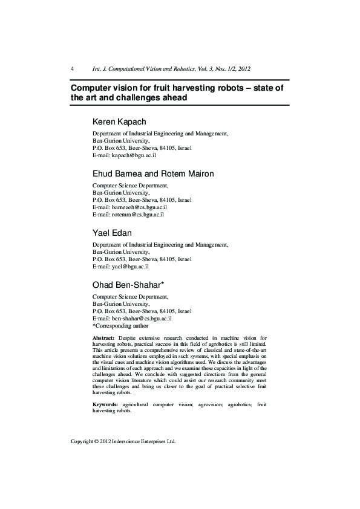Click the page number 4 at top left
(73, 69)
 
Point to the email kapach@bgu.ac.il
(134, 155)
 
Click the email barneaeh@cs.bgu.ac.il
(139, 207)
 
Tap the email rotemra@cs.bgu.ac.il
(138, 214)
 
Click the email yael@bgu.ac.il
(130, 266)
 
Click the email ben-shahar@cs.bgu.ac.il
(142, 318)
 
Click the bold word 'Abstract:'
(103, 336)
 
